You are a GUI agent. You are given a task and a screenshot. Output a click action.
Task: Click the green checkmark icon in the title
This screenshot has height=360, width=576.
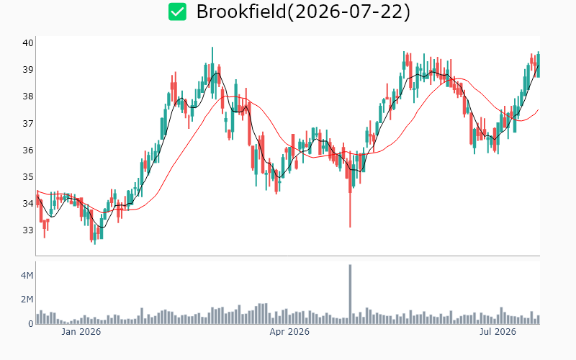coord(177,12)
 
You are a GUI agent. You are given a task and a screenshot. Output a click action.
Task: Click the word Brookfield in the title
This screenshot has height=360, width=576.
coord(241,12)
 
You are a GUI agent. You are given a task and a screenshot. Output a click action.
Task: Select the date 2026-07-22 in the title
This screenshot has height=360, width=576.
coord(348,12)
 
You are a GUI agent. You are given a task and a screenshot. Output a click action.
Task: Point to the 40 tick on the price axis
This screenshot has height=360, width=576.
coord(28,43)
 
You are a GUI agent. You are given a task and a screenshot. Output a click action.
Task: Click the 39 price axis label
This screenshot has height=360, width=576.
coord(28,70)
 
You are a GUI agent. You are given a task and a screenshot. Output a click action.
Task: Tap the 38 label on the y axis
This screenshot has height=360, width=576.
coord(28,96)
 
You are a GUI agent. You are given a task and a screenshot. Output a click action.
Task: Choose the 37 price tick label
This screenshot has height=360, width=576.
coord(28,123)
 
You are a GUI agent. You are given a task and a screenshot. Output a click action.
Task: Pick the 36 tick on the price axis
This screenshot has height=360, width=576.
coord(28,150)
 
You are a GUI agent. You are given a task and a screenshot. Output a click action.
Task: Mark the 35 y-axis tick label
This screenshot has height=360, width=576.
coord(28,177)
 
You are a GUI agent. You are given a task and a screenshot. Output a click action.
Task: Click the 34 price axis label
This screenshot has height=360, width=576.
coord(28,204)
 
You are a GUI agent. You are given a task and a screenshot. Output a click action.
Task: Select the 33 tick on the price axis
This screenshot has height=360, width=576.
coord(28,230)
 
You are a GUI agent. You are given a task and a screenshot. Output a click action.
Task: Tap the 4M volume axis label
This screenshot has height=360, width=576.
coord(27,275)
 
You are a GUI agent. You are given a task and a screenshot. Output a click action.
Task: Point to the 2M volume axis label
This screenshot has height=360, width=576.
coord(27,300)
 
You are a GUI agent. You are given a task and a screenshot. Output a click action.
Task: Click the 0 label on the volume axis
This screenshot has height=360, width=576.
coord(31,323)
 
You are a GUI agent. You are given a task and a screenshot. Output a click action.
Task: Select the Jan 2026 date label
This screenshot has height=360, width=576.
coord(81,332)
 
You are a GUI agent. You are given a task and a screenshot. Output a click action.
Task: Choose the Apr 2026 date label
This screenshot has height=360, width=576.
coord(289,332)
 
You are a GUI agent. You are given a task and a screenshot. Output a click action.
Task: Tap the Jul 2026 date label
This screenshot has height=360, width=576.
coord(498,332)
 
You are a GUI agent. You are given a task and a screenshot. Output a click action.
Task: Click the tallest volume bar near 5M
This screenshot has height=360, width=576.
coord(350,294)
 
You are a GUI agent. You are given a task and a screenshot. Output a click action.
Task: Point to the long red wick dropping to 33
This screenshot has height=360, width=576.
coord(350,210)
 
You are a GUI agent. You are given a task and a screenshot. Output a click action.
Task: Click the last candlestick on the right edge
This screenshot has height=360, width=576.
coord(538,65)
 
